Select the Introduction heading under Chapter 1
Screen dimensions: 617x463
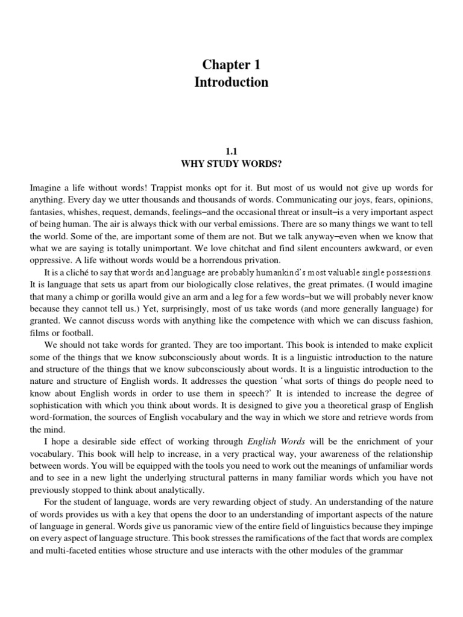coord(231,82)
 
